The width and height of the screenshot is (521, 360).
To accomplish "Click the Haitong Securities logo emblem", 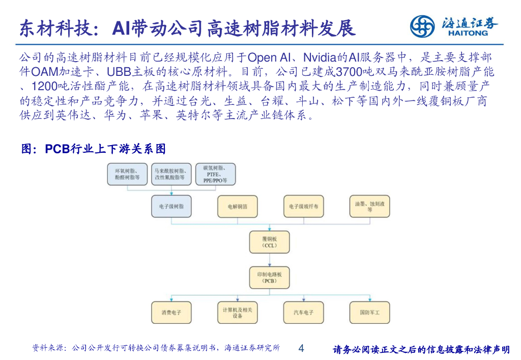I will [x=422, y=25].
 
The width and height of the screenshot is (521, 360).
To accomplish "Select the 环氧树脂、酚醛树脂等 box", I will [x=127, y=174].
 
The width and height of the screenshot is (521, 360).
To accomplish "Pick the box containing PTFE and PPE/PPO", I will [x=216, y=174].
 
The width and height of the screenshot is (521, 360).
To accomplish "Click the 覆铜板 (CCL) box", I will [x=270, y=242].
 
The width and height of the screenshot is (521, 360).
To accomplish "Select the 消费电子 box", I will [x=172, y=312].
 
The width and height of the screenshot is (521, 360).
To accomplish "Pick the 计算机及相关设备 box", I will [x=238, y=312].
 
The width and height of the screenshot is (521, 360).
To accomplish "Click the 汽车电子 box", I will [x=303, y=312].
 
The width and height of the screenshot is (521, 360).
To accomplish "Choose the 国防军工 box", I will [x=369, y=312].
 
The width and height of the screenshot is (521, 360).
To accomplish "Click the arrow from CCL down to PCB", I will [x=270, y=260].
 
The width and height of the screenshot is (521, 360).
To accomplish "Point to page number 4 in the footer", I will [x=301, y=349].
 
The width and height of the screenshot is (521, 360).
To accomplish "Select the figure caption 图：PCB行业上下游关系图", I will [x=93, y=149].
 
